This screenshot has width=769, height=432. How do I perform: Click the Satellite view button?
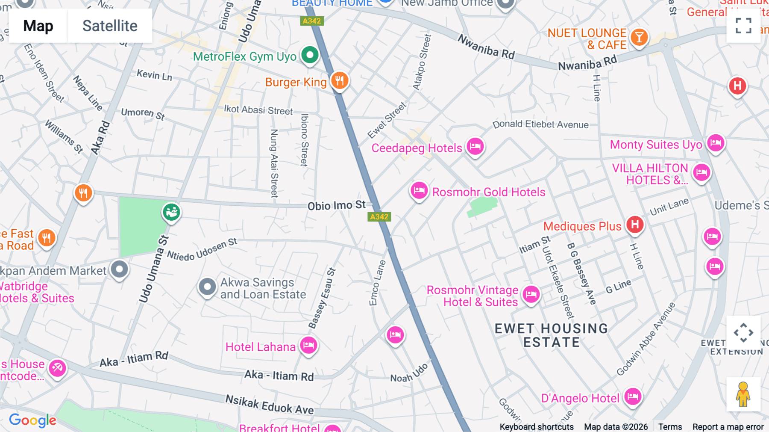tap(110, 26)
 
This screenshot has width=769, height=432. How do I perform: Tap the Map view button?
tap(38, 26)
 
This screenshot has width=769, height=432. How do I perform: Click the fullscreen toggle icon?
tap(743, 26)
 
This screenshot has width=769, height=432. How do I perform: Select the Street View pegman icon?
tap(743, 394)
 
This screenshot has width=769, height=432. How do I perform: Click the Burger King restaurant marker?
tap(340, 80)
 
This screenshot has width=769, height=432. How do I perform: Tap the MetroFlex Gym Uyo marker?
tap(310, 55)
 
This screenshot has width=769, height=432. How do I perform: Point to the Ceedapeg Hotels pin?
tap(475, 147)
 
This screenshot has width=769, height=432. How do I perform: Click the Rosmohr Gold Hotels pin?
tap(419, 190)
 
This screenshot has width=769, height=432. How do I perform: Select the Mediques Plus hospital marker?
tap(635, 225)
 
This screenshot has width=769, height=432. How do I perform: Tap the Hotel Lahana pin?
tap(308, 345)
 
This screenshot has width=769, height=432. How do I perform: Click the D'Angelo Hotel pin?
tap(632, 397)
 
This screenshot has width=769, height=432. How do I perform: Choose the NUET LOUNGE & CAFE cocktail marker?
tap(639, 38)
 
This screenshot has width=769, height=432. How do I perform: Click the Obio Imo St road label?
tap(337, 206)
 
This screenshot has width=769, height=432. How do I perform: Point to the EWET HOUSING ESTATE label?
tap(551, 335)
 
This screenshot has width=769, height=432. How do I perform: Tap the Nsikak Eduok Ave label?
tap(270, 405)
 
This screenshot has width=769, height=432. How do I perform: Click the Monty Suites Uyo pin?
tap(716, 143)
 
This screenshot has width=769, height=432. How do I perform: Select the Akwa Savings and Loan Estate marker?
tap(207, 287)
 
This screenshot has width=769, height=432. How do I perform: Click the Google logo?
tap(33, 420)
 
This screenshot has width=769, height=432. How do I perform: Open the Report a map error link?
tap(728, 427)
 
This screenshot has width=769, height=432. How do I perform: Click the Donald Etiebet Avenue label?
tap(540, 124)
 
